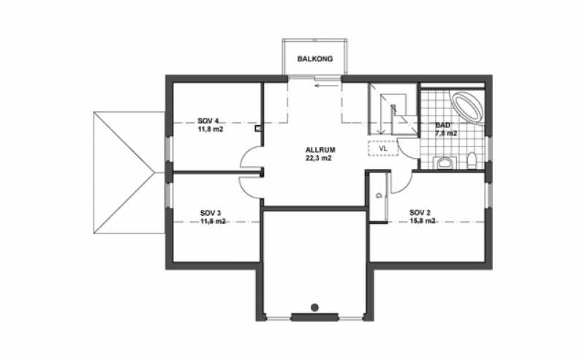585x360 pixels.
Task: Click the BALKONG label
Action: point(315,59)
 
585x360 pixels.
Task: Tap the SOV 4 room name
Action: point(208,121)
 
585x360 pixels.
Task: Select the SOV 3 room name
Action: point(211,213)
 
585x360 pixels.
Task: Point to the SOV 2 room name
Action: point(420,212)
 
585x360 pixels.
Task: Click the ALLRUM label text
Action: point(320,150)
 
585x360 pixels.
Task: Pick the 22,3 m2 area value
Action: point(319,158)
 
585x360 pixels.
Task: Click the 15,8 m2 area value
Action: point(423,221)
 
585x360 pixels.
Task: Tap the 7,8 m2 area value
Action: point(446,133)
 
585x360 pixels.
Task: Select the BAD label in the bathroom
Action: point(442,125)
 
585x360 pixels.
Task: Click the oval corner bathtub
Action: point(468,105)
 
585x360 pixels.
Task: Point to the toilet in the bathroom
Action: point(472,161)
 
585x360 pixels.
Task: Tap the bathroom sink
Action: point(445,163)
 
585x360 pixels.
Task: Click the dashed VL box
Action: point(383,149)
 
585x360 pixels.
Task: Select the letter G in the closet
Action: point(379,195)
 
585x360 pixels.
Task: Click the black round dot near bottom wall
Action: point(314,308)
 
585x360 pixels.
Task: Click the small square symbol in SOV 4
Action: point(258,129)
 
